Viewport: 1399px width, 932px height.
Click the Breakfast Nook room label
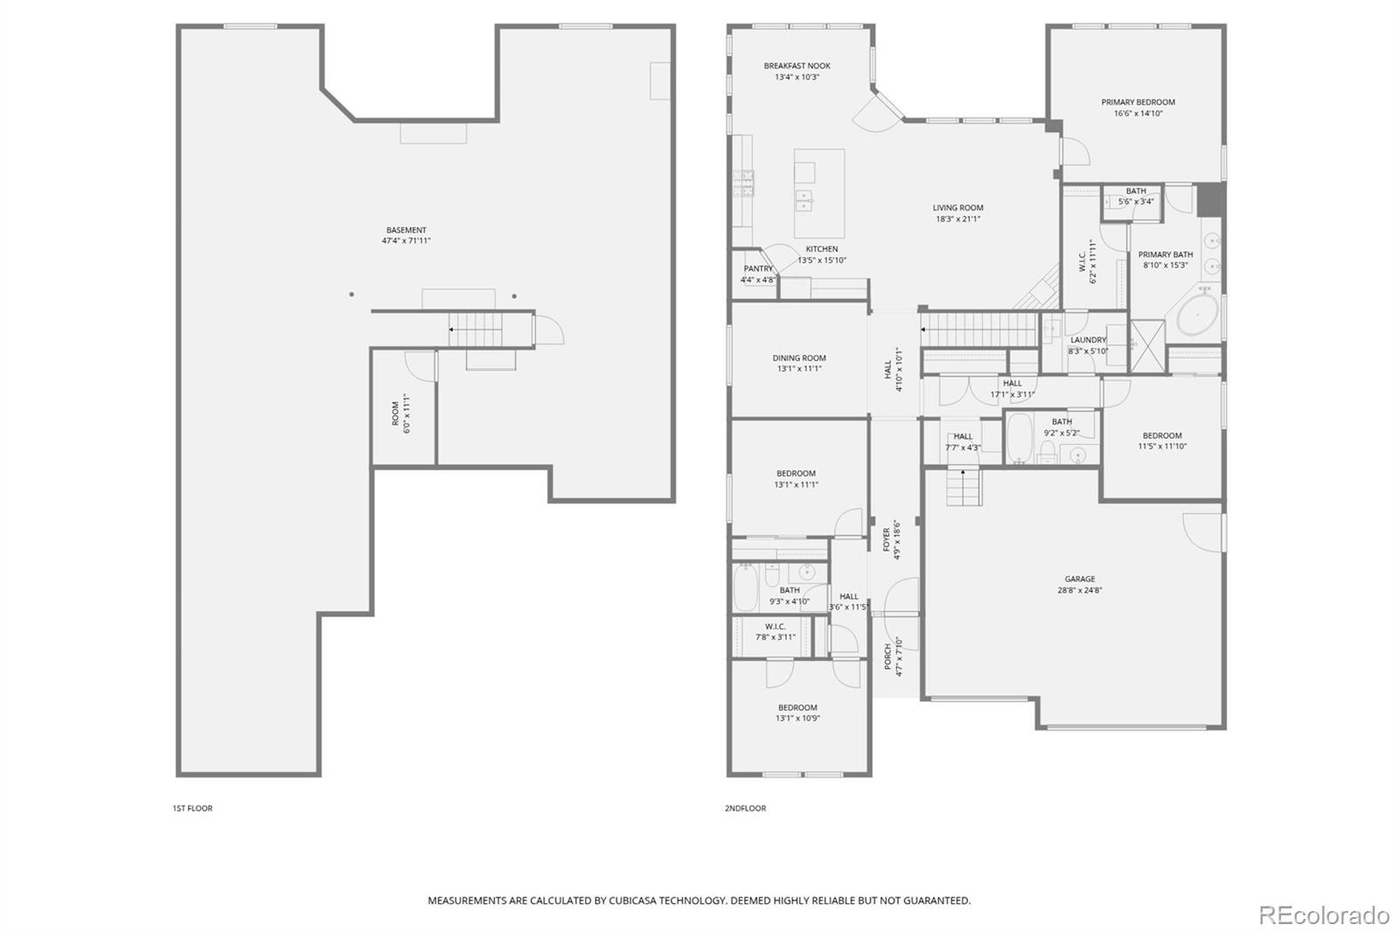797,66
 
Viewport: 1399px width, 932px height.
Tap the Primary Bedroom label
1138,102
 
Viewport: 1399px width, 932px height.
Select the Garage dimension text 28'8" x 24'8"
1079,590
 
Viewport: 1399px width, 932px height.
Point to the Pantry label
758,268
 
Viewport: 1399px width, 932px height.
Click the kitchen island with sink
818,193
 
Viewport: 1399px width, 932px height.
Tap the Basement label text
406,230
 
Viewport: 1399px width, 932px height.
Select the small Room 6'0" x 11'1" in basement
403,413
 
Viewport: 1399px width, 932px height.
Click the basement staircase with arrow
477,330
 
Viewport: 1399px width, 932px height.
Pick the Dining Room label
798,358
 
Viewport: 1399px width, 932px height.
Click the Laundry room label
1088,339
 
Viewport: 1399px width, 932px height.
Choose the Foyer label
887,539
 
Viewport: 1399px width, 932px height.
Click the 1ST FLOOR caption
192,808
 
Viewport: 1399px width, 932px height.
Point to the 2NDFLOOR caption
745,808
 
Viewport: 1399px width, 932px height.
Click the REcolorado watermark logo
1323,915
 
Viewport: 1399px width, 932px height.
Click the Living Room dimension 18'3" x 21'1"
957,219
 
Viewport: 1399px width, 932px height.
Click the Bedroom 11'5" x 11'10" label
1161,435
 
